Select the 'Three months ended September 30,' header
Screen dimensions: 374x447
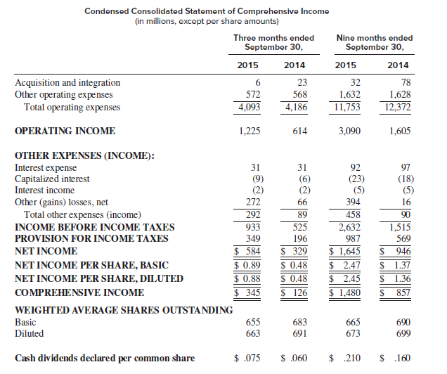click(x=273, y=42)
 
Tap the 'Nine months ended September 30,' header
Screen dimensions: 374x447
click(x=374, y=42)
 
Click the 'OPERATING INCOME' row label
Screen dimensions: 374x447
click(x=65, y=131)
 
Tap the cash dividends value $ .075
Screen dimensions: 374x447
click(x=247, y=359)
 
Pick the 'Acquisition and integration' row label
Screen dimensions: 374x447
click(x=67, y=83)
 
